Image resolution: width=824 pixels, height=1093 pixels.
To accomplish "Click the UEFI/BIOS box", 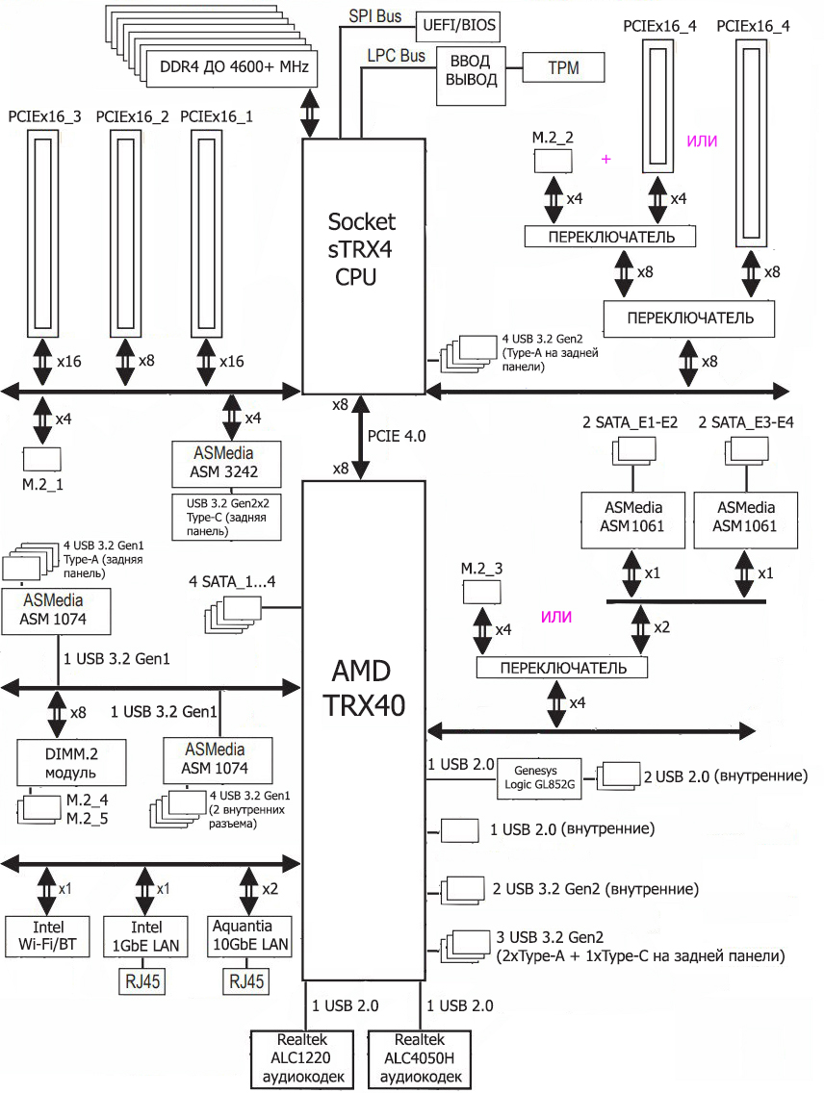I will (457, 25).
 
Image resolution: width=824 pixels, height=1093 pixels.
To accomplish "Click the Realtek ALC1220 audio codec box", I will (305, 1058).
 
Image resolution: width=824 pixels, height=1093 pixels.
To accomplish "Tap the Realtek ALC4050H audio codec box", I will (421, 1058).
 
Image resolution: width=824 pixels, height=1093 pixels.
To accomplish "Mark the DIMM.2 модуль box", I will (59, 762).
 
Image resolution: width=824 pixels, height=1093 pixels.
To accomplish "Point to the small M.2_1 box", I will (42, 460).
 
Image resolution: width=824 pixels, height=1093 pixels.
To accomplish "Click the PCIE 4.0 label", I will (397, 436).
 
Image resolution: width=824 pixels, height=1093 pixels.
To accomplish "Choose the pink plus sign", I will (605, 159).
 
